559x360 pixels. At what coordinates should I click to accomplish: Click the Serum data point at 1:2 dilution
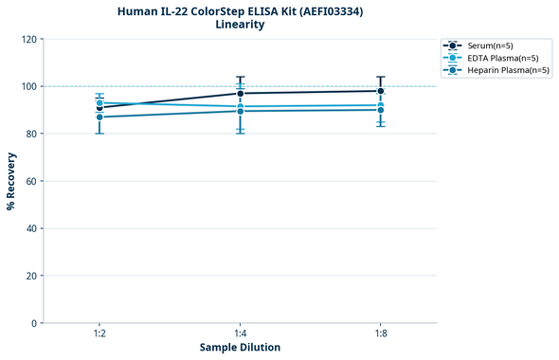(99, 108)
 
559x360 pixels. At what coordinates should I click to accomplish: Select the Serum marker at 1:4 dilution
(241, 93)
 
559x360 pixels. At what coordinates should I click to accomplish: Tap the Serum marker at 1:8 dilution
(381, 91)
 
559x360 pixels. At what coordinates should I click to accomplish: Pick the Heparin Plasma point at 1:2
(99, 117)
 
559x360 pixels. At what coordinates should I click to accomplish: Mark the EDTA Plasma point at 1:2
(99, 102)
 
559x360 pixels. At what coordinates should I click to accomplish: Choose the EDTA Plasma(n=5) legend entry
(497, 58)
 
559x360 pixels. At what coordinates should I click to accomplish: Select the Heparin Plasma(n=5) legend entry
(502, 70)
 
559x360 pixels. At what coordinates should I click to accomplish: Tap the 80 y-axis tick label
(29, 134)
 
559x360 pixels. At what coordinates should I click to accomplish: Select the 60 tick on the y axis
(29, 181)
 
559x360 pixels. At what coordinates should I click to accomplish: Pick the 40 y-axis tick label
(29, 228)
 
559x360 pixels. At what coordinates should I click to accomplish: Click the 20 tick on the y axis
(29, 276)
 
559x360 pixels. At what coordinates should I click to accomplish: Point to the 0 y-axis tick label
(33, 323)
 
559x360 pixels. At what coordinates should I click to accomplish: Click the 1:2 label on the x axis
(99, 334)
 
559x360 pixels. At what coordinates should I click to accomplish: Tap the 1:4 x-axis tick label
(241, 334)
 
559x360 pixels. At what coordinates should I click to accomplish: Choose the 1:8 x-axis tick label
(381, 334)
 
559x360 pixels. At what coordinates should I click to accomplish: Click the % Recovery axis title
(10, 181)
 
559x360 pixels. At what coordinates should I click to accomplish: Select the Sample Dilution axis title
(240, 348)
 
